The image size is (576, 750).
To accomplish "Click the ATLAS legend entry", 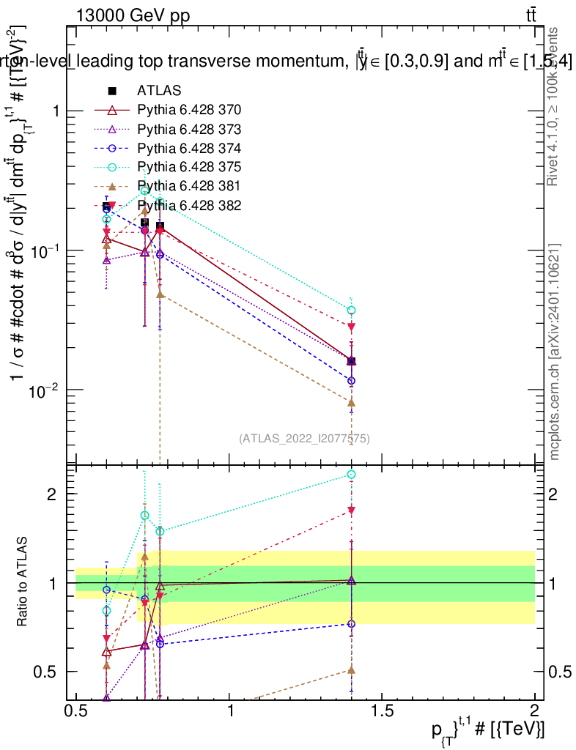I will [159, 91].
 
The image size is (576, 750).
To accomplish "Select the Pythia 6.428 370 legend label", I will [189, 110].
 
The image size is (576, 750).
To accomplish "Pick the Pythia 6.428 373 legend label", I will [189, 129].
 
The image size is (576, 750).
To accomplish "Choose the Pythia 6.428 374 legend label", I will [189, 148].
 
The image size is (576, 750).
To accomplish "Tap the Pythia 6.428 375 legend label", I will [189, 167].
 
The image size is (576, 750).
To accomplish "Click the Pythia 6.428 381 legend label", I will [189, 186].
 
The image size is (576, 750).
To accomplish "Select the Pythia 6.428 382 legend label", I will [189, 205].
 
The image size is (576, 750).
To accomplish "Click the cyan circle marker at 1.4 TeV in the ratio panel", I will [352, 475].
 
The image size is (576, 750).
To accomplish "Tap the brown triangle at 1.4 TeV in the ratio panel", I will [352, 669].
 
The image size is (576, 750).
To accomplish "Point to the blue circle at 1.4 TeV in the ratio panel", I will [352, 624].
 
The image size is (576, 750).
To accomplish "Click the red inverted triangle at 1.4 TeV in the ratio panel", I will [352, 510].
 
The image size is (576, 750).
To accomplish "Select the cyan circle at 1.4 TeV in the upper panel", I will [352, 310].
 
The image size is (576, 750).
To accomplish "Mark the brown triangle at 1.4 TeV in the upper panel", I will [352, 402].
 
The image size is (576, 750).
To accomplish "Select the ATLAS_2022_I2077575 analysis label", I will [304, 439].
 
